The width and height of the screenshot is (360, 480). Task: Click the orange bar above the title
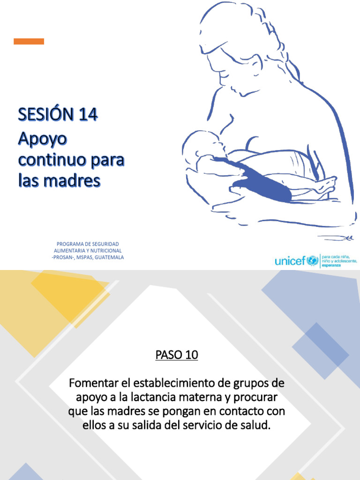[29, 41]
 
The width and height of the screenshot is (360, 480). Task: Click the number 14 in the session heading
[88, 114]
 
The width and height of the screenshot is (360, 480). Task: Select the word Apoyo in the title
[43, 139]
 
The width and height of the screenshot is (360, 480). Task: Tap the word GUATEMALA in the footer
[109, 257]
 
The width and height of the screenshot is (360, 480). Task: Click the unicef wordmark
[290, 261]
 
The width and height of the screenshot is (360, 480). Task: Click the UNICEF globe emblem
[313, 261]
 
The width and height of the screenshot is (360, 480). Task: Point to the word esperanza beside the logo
[331, 265]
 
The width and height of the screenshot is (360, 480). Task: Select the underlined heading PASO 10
[177, 355]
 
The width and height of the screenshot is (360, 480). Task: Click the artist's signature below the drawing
[336, 238]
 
